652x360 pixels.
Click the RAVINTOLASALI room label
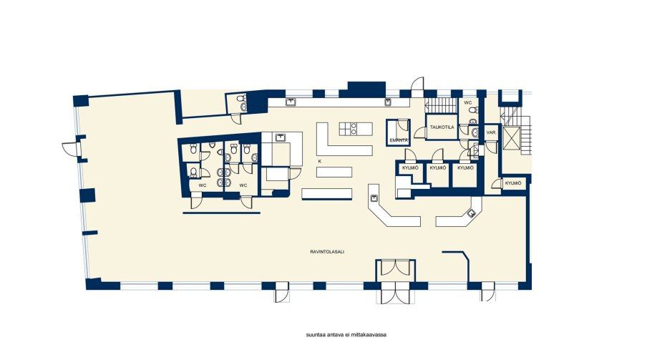click(x=327, y=251)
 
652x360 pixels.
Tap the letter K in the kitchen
click(x=319, y=160)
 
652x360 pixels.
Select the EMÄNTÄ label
click(x=399, y=140)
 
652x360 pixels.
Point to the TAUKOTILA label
click(x=442, y=127)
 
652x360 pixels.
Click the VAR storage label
click(x=491, y=132)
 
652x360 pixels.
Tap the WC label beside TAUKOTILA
click(x=468, y=102)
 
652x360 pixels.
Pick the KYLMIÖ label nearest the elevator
click(x=512, y=183)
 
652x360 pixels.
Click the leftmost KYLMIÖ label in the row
click(x=410, y=168)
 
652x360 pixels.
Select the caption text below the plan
click(x=346, y=335)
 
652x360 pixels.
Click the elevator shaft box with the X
click(x=512, y=137)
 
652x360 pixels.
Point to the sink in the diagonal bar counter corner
click(x=472, y=214)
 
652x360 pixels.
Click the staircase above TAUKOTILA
click(x=441, y=106)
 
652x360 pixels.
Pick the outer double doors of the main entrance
click(x=396, y=293)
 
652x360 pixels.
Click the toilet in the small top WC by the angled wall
click(x=240, y=99)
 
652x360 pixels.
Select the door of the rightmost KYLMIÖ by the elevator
click(x=497, y=184)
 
